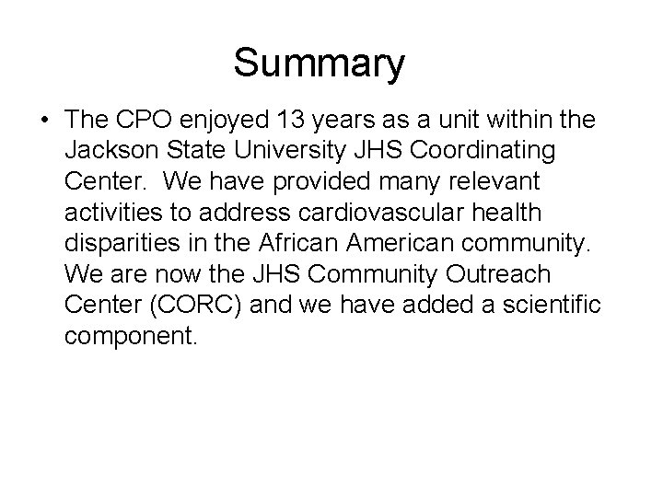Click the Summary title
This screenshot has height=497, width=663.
(x=318, y=64)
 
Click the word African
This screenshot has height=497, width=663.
(x=297, y=244)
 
